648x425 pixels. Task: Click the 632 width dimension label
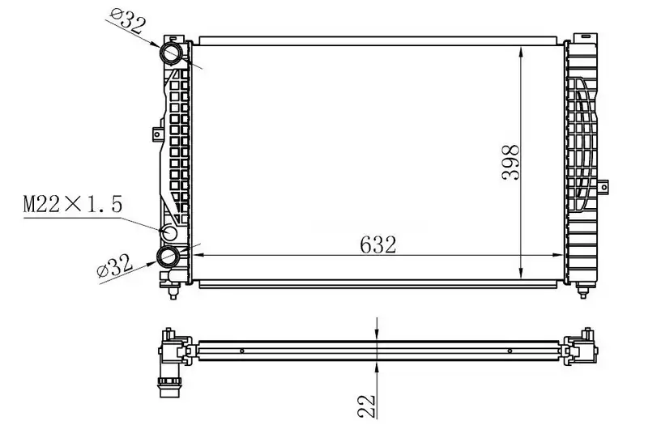377,245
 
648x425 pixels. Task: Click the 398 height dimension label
510,163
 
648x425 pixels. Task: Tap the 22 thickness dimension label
366,406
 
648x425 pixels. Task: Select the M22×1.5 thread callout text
73,205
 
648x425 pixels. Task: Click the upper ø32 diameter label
128,22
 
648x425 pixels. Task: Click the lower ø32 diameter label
114,266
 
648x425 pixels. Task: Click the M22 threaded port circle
169,232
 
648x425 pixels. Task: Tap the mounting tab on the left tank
157,134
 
